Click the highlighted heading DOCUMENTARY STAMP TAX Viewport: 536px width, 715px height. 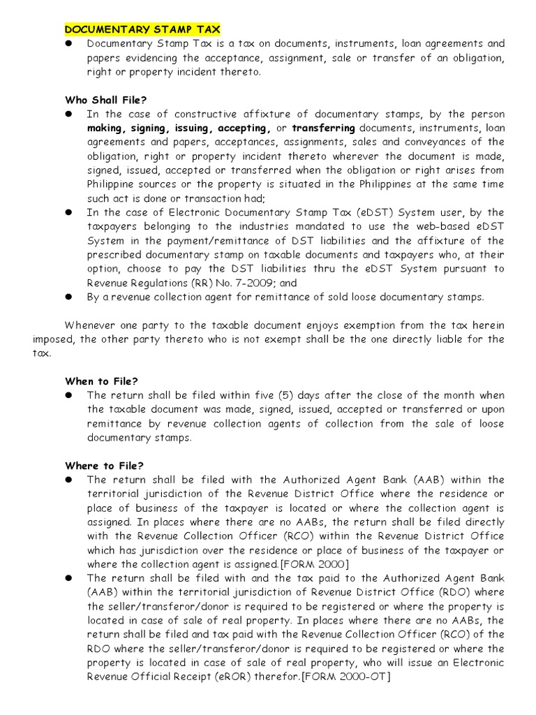coord(142,29)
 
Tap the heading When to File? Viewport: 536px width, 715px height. coord(102,381)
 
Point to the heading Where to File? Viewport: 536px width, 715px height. coord(104,466)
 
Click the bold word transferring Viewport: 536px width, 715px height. coord(323,128)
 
